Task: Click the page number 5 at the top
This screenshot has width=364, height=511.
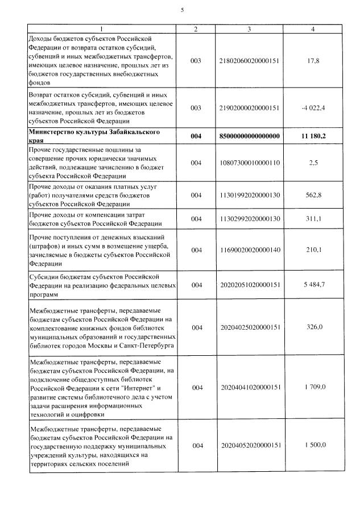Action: coord(182,10)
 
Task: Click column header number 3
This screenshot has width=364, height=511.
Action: coord(249,28)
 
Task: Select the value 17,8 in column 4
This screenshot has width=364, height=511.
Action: coord(313,60)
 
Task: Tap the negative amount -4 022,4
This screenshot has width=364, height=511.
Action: coord(313,107)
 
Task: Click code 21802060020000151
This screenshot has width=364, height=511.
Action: coord(249,60)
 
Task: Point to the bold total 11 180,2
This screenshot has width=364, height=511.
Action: coord(313,136)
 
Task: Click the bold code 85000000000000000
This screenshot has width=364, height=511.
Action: coord(249,136)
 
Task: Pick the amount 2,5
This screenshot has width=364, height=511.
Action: coord(313,163)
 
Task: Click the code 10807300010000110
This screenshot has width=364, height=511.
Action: coord(249,163)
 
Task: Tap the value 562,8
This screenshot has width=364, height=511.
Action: coord(313,195)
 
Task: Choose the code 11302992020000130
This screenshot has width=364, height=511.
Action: coord(249,219)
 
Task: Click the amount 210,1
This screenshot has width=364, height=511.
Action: coord(313,250)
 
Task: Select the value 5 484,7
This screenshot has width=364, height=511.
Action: coord(313,285)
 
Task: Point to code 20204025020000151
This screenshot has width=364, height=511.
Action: coord(249,327)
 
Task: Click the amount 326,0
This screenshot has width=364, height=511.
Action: coord(313,327)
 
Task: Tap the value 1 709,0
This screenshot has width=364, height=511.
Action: coord(313,387)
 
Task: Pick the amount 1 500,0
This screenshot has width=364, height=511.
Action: coord(313,446)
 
